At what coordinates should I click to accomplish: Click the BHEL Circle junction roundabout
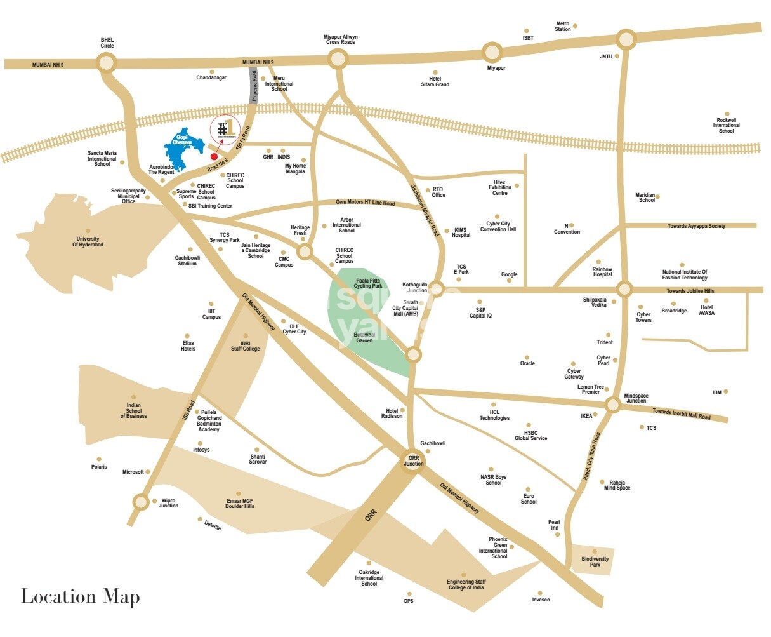coord(107,62)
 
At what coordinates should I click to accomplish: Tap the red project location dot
coord(214,156)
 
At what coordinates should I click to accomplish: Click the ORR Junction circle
coord(413,460)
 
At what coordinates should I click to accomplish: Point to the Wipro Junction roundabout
coord(141,502)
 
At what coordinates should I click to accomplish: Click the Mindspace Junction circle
coord(612,405)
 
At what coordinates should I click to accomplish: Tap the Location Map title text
coord(81,596)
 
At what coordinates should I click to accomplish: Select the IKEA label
coord(586,417)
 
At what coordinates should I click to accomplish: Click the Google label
coord(509,275)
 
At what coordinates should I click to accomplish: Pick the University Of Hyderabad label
coord(88,242)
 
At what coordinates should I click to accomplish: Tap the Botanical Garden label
coord(364,338)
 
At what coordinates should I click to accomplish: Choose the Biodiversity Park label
coord(595,562)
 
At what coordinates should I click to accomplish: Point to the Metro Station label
coord(563,27)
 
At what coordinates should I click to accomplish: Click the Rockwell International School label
coord(726,125)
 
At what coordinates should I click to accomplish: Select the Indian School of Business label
coord(133,411)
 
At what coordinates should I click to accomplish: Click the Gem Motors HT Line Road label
coord(365,203)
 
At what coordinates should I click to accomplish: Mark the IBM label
coord(716,392)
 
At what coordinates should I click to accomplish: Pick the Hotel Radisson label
coord(392,413)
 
